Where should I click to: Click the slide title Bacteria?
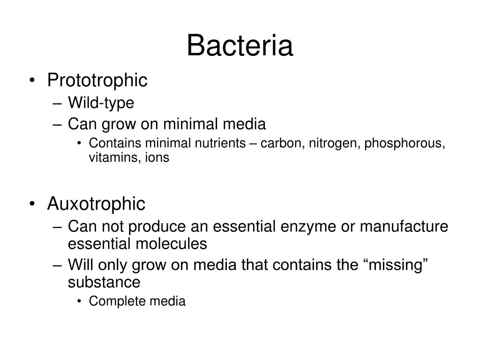tap(240, 46)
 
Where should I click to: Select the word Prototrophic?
tap(97, 80)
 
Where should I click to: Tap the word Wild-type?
tap(101, 103)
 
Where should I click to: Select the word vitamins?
tap(108, 158)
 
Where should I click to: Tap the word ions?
tap(157, 158)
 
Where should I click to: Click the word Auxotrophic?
tap(96, 204)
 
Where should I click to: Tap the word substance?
tap(104, 283)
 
